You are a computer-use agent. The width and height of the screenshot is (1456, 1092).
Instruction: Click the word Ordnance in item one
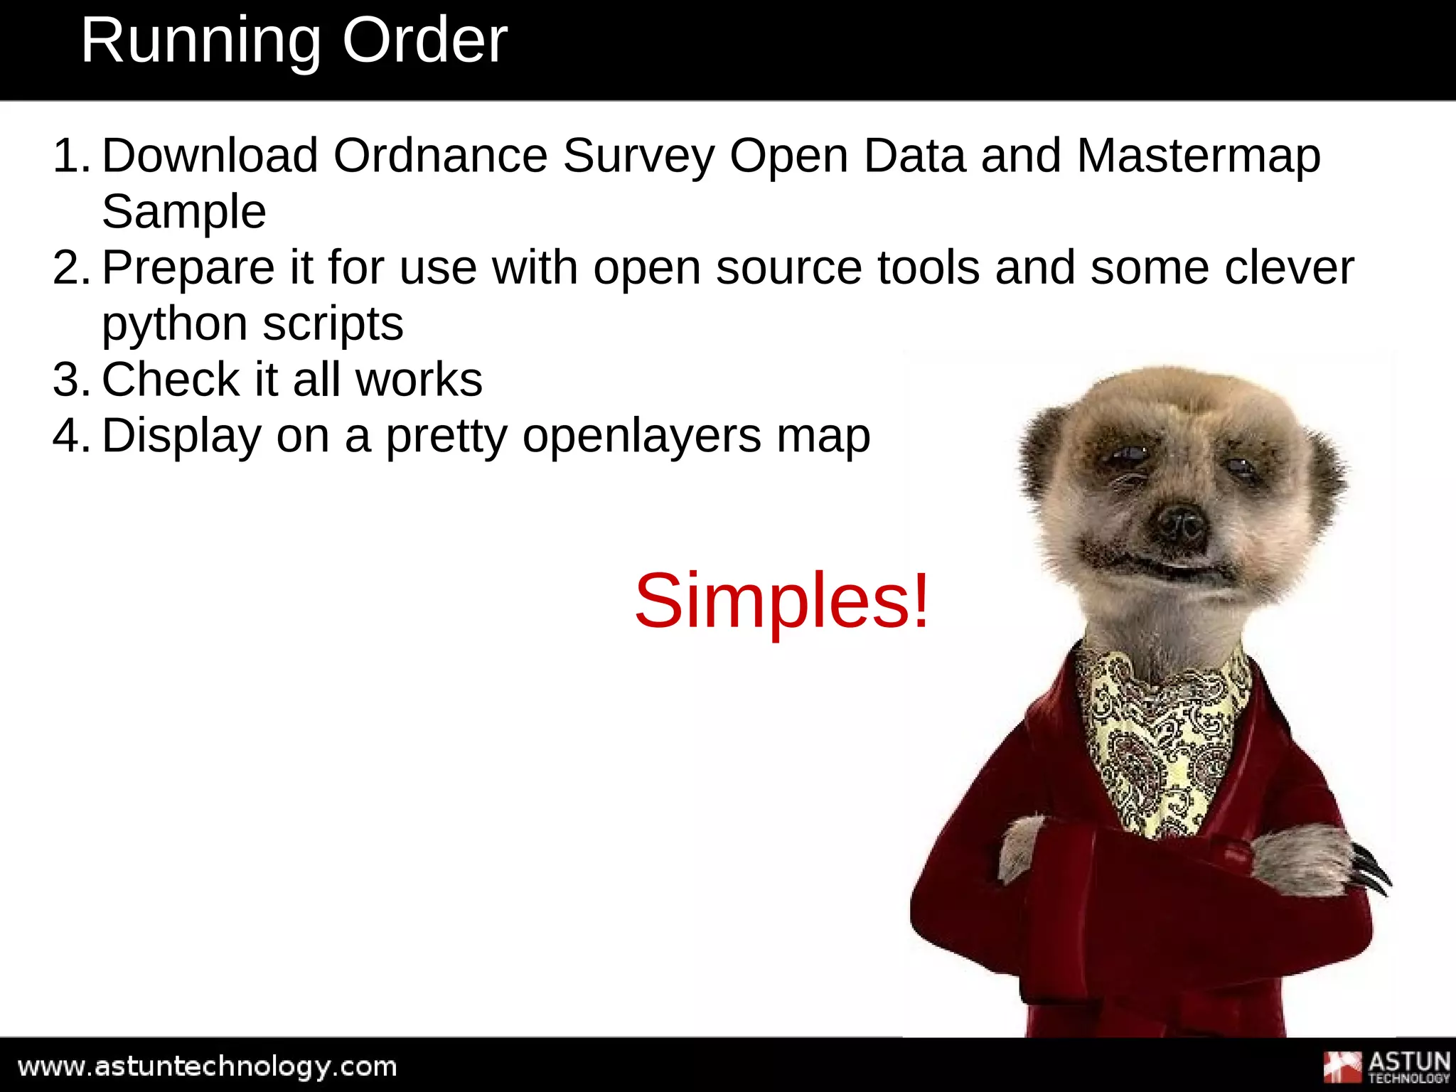click(440, 156)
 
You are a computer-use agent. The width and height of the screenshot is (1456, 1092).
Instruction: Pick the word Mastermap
click(1198, 156)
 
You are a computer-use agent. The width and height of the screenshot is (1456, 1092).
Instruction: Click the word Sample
click(183, 212)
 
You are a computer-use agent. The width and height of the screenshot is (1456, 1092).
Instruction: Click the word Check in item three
click(171, 380)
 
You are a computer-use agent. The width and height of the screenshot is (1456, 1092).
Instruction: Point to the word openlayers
click(642, 437)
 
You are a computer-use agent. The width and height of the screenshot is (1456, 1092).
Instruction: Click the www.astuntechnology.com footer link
click(207, 1066)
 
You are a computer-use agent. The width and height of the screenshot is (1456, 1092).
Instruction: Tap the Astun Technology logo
click(1386, 1066)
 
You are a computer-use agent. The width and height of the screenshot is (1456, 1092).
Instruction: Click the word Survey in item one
click(638, 156)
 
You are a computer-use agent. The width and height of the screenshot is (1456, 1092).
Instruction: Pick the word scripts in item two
click(332, 325)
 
